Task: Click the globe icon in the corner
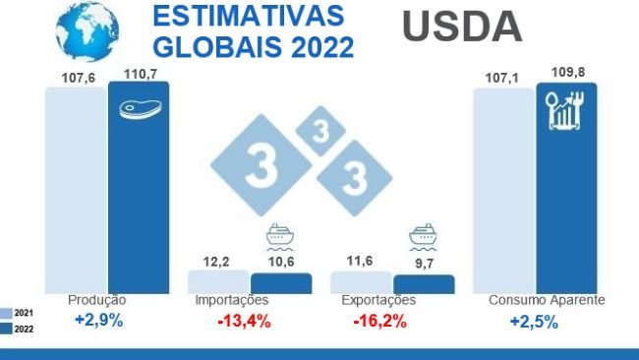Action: pyautogui.click(x=87, y=30)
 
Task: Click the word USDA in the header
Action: pyautogui.click(x=462, y=28)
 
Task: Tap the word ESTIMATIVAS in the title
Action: pyautogui.click(x=249, y=18)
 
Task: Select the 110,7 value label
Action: pyautogui.click(x=138, y=73)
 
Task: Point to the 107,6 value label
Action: pyautogui.click(x=76, y=73)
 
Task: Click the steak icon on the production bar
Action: pyautogui.click(x=138, y=108)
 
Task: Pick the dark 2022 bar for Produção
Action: pyautogui.click(x=138, y=187)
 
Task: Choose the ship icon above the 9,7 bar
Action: pyautogui.click(x=423, y=237)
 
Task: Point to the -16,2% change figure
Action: pyautogui.click(x=378, y=322)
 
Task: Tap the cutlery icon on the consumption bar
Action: pyautogui.click(x=566, y=111)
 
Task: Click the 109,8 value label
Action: pyautogui.click(x=567, y=73)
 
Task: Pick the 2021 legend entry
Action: pyautogui.click(x=20, y=312)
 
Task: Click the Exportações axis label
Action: pyautogui.click(x=378, y=300)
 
